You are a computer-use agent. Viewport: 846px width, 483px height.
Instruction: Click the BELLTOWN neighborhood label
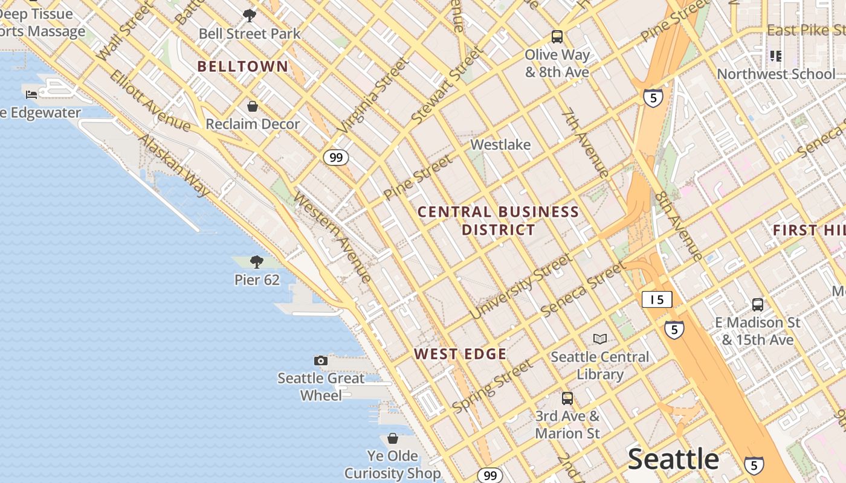tap(243, 66)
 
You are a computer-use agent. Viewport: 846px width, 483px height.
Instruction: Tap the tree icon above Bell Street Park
tap(249, 16)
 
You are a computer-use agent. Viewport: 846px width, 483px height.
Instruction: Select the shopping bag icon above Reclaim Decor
tap(253, 106)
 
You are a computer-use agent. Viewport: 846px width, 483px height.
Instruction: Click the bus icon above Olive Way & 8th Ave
tap(557, 37)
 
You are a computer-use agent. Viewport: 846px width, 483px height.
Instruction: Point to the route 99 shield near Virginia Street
tap(336, 158)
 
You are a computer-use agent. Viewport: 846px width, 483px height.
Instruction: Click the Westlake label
tap(500, 145)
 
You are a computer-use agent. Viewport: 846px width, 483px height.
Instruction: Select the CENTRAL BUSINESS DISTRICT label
tap(499, 220)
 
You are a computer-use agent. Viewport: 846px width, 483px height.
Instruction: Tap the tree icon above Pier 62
tap(257, 261)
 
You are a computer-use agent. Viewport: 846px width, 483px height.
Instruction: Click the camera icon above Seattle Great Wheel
tap(321, 360)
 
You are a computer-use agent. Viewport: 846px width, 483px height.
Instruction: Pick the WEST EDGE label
tap(460, 354)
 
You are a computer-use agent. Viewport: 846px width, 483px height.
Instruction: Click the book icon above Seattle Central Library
tap(599, 339)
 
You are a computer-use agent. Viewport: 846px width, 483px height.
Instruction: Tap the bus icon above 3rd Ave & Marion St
tap(567, 398)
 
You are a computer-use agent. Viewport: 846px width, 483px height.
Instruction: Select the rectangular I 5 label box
tap(657, 299)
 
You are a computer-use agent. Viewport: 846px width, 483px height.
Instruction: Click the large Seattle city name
tap(673, 459)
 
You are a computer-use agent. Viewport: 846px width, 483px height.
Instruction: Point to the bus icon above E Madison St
tap(758, 304)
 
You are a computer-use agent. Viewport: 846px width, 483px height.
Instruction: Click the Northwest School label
tap(776, 74)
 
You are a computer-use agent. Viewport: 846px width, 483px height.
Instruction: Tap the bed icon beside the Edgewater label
tap(31, 94)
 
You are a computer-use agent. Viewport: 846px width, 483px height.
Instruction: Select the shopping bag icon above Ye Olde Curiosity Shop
tap(393, 438)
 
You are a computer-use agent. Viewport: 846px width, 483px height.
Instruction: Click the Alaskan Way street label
tap(175, 165)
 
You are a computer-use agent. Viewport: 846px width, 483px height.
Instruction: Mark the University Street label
tap(521, 287)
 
